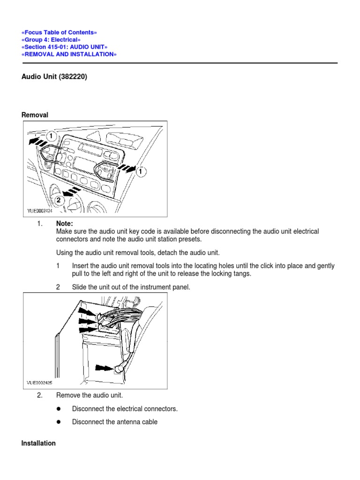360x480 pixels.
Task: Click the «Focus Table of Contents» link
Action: (x=60, y=32)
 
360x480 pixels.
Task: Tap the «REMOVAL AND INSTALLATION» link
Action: (x=69, y=54)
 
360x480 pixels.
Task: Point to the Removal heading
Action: (x=35, y=115)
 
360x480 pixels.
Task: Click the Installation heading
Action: (x=38, y=443)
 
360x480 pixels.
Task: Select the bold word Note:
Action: (x=65, y=224)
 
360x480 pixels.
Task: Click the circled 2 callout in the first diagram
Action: (x=59, y=200)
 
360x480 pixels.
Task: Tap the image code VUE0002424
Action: (x=40, y=211)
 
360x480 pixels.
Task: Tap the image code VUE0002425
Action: (x=40, y=382)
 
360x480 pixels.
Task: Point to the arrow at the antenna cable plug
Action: (x=103, y=368)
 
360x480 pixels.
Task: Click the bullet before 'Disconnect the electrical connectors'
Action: (x=59, y=409)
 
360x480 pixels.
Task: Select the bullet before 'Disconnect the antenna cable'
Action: (x=59, y=422)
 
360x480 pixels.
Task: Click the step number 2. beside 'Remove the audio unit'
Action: (x=40, y=395)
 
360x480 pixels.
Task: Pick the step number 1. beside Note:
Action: (x=40, y=224)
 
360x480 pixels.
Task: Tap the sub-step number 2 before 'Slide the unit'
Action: (x=58, y=287)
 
